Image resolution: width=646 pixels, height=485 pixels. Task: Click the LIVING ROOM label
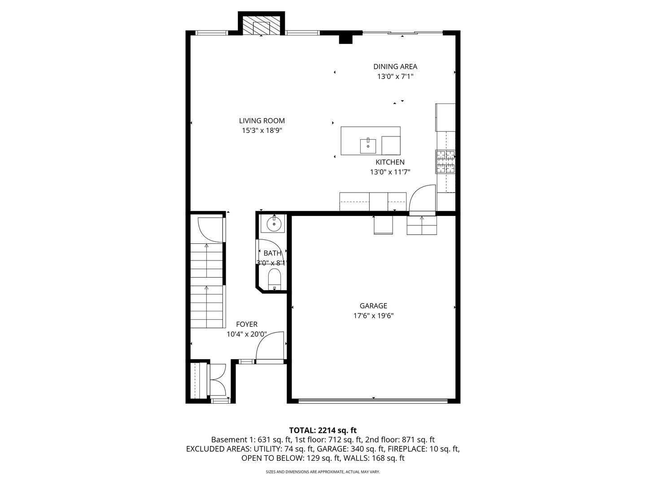(x=262, y=120)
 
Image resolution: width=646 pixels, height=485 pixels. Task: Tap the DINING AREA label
(x=395, y=66)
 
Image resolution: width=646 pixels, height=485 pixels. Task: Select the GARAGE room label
(x=373, y=306)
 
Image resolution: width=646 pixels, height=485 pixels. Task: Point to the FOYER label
(x=247, y=324)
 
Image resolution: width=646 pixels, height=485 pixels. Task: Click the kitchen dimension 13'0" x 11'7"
(x=390, y=172)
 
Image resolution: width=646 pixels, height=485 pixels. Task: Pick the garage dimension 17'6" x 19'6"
(x=373, y=316)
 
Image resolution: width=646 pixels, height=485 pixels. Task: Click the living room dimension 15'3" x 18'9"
(x=262, y=131)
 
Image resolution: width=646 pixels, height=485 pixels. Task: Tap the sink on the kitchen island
(x=368, y=145)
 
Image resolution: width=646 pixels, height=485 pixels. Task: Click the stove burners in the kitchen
(x=445, y=162)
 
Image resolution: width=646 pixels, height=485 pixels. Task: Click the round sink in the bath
(x=273, y=223)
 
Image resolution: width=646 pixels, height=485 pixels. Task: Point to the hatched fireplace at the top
(x=262, y=27)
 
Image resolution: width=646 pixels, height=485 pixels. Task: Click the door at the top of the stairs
(x=210, y=230)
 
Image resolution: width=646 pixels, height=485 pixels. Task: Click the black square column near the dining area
(x=345, y=39)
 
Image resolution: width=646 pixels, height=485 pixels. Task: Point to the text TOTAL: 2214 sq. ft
(x=323, y=430)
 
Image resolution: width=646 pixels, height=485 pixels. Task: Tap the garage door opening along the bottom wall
(x=373, y=401)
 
